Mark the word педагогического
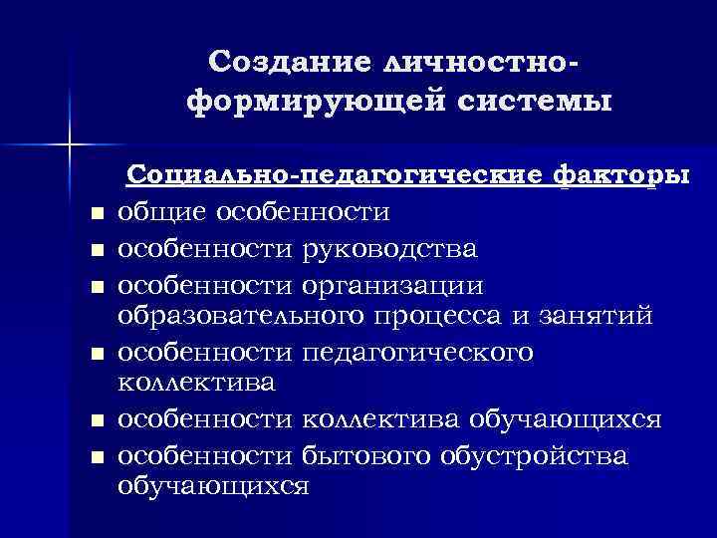(417, 352)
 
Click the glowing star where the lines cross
(69, 145)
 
